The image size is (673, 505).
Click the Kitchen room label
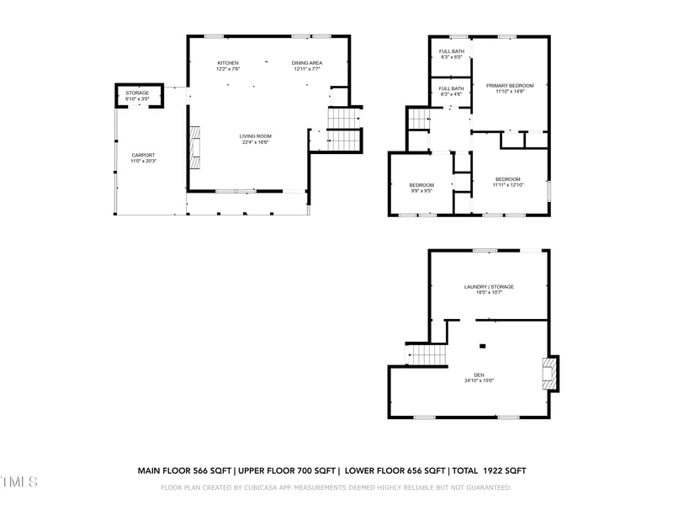[228, 66]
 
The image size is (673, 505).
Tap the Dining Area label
[307, 66]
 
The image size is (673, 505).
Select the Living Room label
[256, 139]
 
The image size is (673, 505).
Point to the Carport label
[143, 157]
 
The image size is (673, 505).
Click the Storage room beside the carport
[138, 95]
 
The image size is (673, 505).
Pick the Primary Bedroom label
[510, 88]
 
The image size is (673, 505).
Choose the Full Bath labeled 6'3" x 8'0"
[451, 55]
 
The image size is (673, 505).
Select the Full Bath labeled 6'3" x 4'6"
[451, 91]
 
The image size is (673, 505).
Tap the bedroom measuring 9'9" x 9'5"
[421, 188]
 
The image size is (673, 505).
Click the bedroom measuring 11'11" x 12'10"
[508, 182]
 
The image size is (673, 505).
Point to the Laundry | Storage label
[489, 290]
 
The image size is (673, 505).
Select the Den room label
[479, 378]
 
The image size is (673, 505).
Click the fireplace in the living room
[195, 144]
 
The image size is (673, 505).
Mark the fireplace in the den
[548, 373]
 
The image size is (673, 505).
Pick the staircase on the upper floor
[419, 120]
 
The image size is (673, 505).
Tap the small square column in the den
[483, 346]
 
